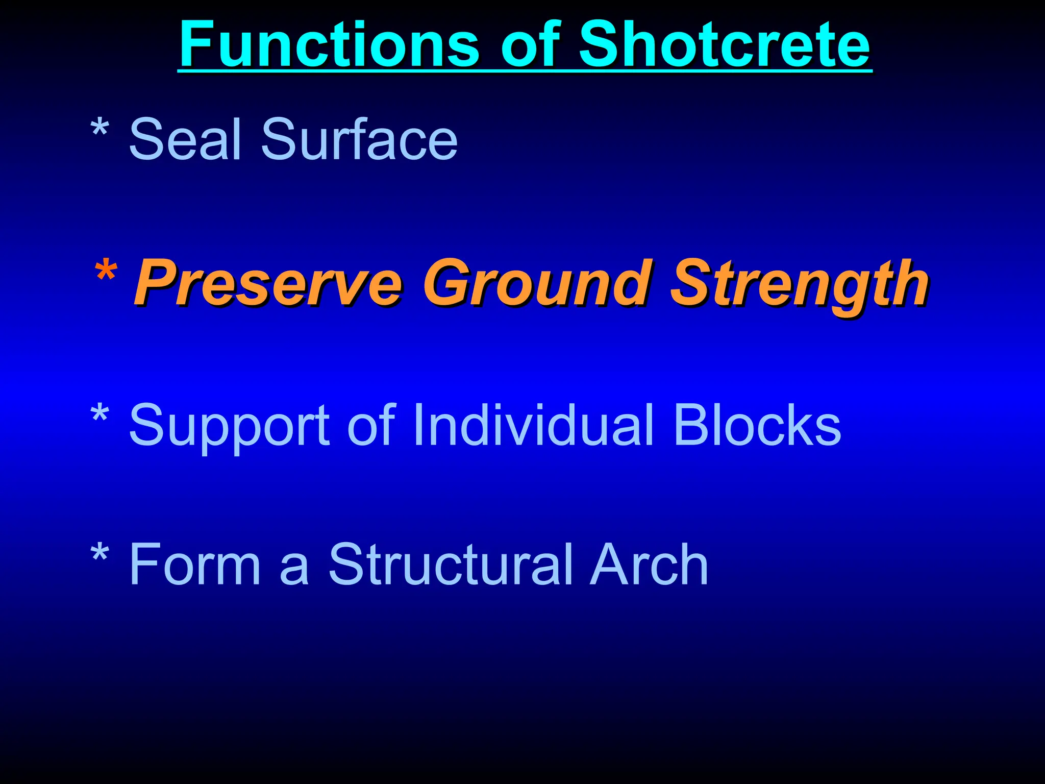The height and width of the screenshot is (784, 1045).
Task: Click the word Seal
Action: [185, 139]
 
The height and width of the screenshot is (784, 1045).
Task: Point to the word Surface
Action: [359, 139]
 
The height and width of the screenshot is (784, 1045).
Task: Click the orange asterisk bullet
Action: [106, 273]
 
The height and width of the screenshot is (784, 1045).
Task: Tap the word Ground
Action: [537, 284]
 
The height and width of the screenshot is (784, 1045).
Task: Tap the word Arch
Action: [649, 565]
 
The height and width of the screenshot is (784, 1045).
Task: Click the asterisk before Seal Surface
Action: [99, 130]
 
